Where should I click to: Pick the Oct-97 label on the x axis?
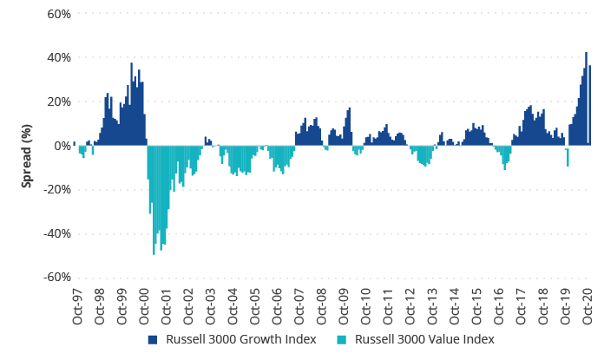coord(77,304)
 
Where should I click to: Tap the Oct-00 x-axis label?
coord(144,304)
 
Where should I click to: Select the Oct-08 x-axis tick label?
coord(323,304)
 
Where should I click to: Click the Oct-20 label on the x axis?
coord(590,304)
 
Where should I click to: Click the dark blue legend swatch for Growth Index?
coord(152,339)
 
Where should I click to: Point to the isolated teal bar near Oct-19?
coord(568,157)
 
